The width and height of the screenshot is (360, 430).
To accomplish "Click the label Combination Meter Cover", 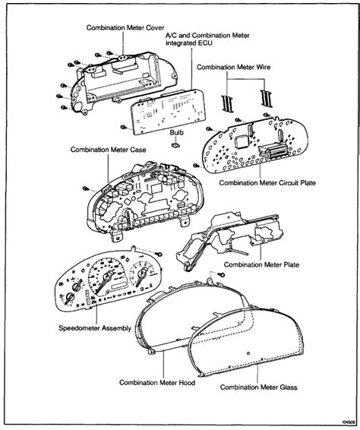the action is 125,27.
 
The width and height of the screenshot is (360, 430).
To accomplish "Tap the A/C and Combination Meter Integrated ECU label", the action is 207,40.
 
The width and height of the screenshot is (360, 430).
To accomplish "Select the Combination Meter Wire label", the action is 233,67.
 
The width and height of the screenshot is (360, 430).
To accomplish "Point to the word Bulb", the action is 176,132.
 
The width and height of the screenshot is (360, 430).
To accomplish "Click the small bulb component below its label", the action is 175,144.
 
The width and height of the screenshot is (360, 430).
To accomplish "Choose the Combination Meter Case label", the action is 109,150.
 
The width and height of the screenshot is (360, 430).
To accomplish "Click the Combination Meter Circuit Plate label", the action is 267,182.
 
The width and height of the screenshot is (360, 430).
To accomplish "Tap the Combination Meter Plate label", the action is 261,264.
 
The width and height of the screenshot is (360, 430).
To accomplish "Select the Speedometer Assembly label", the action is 95,328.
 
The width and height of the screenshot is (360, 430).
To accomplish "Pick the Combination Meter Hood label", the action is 157,383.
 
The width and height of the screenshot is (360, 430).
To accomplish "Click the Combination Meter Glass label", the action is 258,387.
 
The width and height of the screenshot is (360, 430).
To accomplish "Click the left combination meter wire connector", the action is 227,103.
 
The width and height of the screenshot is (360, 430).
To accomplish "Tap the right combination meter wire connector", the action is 265,99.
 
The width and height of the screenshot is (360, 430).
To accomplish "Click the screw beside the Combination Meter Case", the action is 86,188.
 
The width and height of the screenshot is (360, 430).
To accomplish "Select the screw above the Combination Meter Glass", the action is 223,274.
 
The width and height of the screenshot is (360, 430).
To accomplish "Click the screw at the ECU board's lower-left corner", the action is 123,127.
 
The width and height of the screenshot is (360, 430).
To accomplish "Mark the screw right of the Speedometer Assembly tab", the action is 159,255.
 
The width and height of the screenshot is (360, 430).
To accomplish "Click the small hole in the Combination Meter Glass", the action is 248,353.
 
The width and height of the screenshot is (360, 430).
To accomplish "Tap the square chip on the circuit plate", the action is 241,142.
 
